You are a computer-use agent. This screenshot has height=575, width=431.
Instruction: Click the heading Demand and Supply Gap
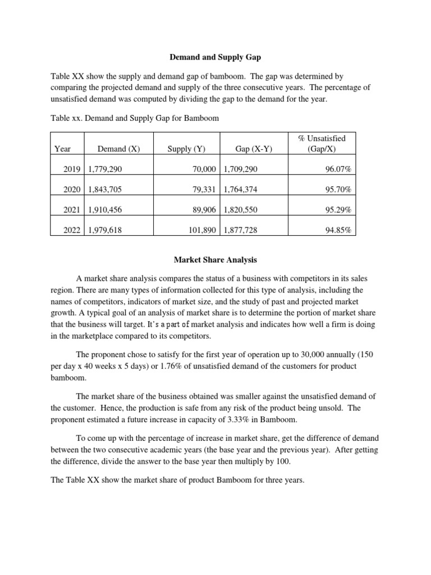(x=215, y=57)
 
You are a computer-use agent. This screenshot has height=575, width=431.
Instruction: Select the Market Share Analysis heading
(x=215, y=260)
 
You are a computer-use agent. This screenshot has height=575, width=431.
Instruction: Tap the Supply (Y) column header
(x=186, y=149)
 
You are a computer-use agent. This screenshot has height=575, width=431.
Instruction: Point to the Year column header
(x=63, y=149)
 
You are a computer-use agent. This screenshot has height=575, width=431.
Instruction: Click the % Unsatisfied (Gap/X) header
(x=324, y=143)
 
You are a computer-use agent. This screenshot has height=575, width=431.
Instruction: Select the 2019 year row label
(x=73, y=168)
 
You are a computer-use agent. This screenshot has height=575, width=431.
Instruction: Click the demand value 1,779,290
(x=105, y=168)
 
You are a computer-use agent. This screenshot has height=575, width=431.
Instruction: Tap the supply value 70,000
(x=204, y=168)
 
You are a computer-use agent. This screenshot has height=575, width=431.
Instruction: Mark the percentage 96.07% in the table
(x=338, y=168)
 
